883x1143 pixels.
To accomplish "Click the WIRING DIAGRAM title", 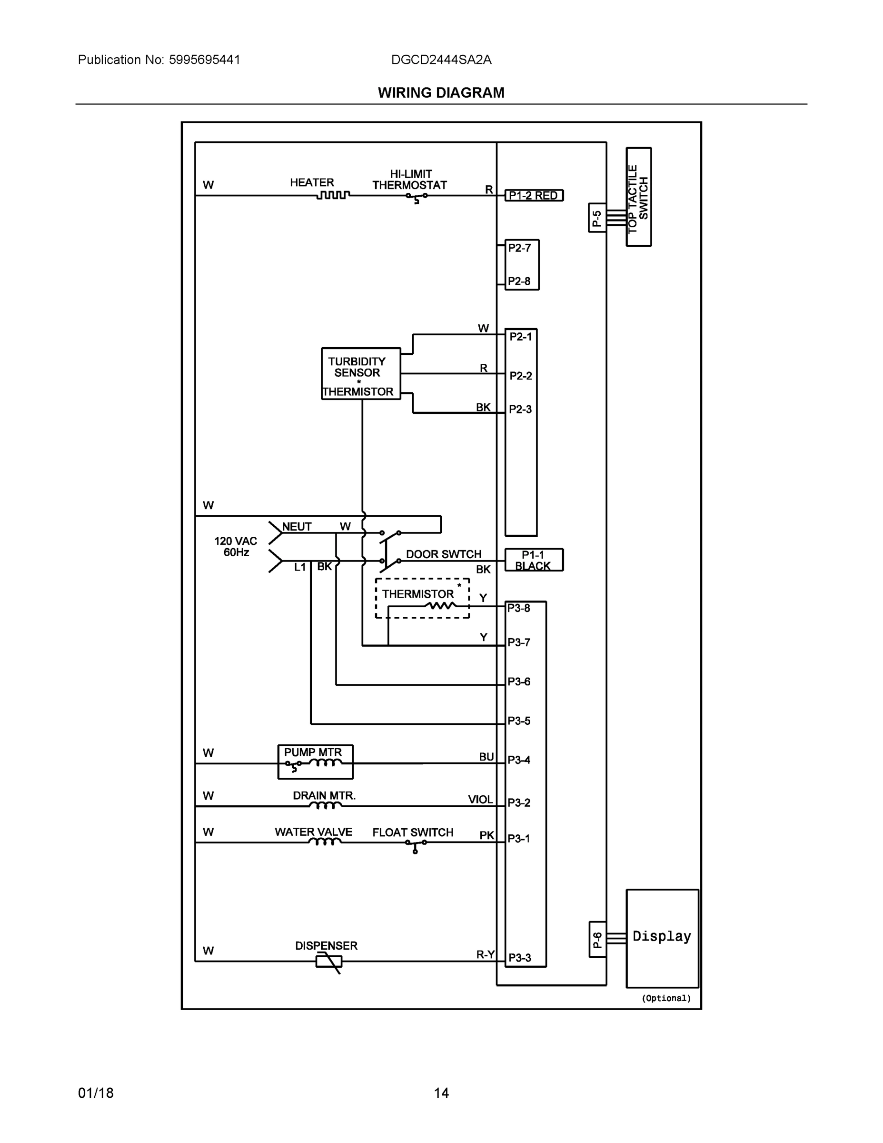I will coord(441,93).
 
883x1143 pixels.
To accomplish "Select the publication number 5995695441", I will coord(204,60).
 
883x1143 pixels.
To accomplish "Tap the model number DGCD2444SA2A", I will coord(441,60).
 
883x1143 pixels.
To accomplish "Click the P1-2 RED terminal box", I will coord(534,196).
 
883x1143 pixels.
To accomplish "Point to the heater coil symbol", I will coord(333,195).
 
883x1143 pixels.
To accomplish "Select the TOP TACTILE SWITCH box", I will coord(638,197).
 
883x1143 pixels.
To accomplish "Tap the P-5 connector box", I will coord(597,218).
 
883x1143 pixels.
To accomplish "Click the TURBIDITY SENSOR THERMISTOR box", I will coord(360,374).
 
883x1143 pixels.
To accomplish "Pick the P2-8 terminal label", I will coord(519,281).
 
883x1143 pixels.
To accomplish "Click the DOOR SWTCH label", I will coord(443,554).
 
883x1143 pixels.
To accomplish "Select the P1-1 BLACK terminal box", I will coord(534,560).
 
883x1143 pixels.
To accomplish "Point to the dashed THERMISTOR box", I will coord(422,598).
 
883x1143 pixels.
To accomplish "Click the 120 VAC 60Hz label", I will coord(236,546).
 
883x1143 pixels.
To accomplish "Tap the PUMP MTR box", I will coord(315,762).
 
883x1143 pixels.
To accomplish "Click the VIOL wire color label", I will coord(480,800).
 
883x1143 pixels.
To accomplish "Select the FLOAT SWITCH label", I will coord(412,832).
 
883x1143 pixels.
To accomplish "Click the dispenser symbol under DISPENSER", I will coord(329,962).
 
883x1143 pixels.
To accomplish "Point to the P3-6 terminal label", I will coord(519,682).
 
